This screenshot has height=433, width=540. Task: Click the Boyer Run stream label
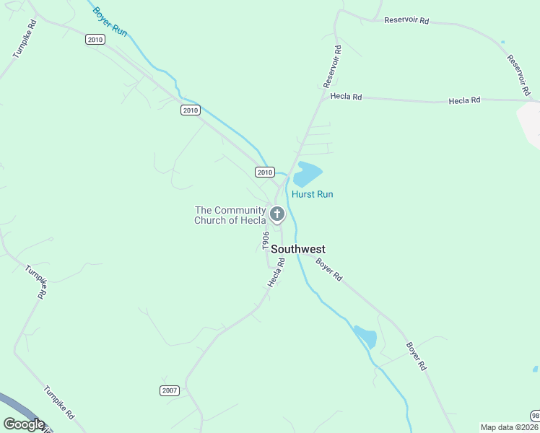110,22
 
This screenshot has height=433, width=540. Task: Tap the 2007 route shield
169,390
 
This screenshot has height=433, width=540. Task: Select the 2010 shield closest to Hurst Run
265,172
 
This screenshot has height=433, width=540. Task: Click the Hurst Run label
312,194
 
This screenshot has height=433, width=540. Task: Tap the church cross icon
276,214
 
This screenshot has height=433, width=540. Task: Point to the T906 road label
266,241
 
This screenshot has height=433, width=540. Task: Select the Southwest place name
298,249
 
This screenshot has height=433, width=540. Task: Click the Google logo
24,424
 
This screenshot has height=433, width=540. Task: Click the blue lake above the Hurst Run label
306,174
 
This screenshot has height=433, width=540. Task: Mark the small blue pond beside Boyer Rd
365,337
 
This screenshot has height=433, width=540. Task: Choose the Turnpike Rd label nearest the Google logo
59,401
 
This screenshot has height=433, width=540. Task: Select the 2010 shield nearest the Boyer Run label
95,40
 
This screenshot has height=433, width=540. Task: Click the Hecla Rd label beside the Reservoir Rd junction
346,97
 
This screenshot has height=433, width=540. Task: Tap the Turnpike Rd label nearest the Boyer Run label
24,38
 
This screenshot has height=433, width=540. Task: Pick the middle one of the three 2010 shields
190,110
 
